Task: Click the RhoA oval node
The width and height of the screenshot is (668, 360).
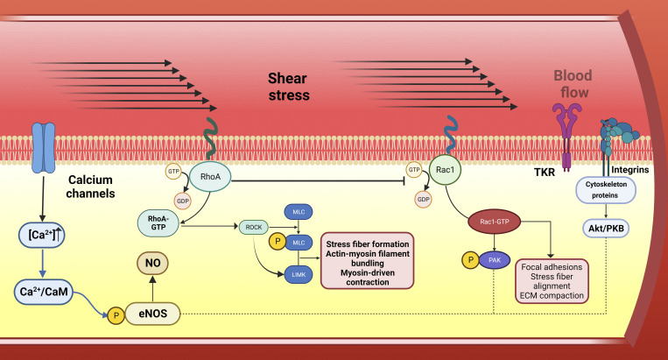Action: pos(210,176)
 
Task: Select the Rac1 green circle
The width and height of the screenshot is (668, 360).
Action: pos(446,170)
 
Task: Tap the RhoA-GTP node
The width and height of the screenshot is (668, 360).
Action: pos(158,223)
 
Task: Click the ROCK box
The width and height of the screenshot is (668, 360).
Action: pos(254,228)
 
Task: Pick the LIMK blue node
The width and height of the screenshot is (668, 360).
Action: pos(299,275)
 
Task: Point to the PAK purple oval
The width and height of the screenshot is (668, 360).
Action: pos(495,260)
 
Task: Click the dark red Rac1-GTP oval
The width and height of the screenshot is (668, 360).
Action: pos(494,222)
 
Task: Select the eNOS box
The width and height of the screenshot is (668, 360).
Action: pos(152,314)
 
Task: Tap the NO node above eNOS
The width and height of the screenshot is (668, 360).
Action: pos(152,264)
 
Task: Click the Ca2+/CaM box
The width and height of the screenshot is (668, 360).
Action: pos(44,292)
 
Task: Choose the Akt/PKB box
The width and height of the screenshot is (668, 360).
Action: pos(606,229)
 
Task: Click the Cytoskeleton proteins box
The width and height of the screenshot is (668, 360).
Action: pos(605,190)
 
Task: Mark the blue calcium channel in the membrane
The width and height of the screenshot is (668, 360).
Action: pos(44,148)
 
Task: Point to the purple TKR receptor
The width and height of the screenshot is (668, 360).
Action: pos(566,137)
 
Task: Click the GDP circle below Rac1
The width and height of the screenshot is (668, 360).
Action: pos(423,200)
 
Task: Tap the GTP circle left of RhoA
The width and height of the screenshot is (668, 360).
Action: pos(173,172)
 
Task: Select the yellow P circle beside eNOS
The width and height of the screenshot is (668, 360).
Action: pos(116,315)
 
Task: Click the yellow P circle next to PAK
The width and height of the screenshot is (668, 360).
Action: pos(471,260)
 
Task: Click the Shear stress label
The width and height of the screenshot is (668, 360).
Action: pos(288,87)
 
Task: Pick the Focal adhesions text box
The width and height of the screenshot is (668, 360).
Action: pos(552,281)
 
